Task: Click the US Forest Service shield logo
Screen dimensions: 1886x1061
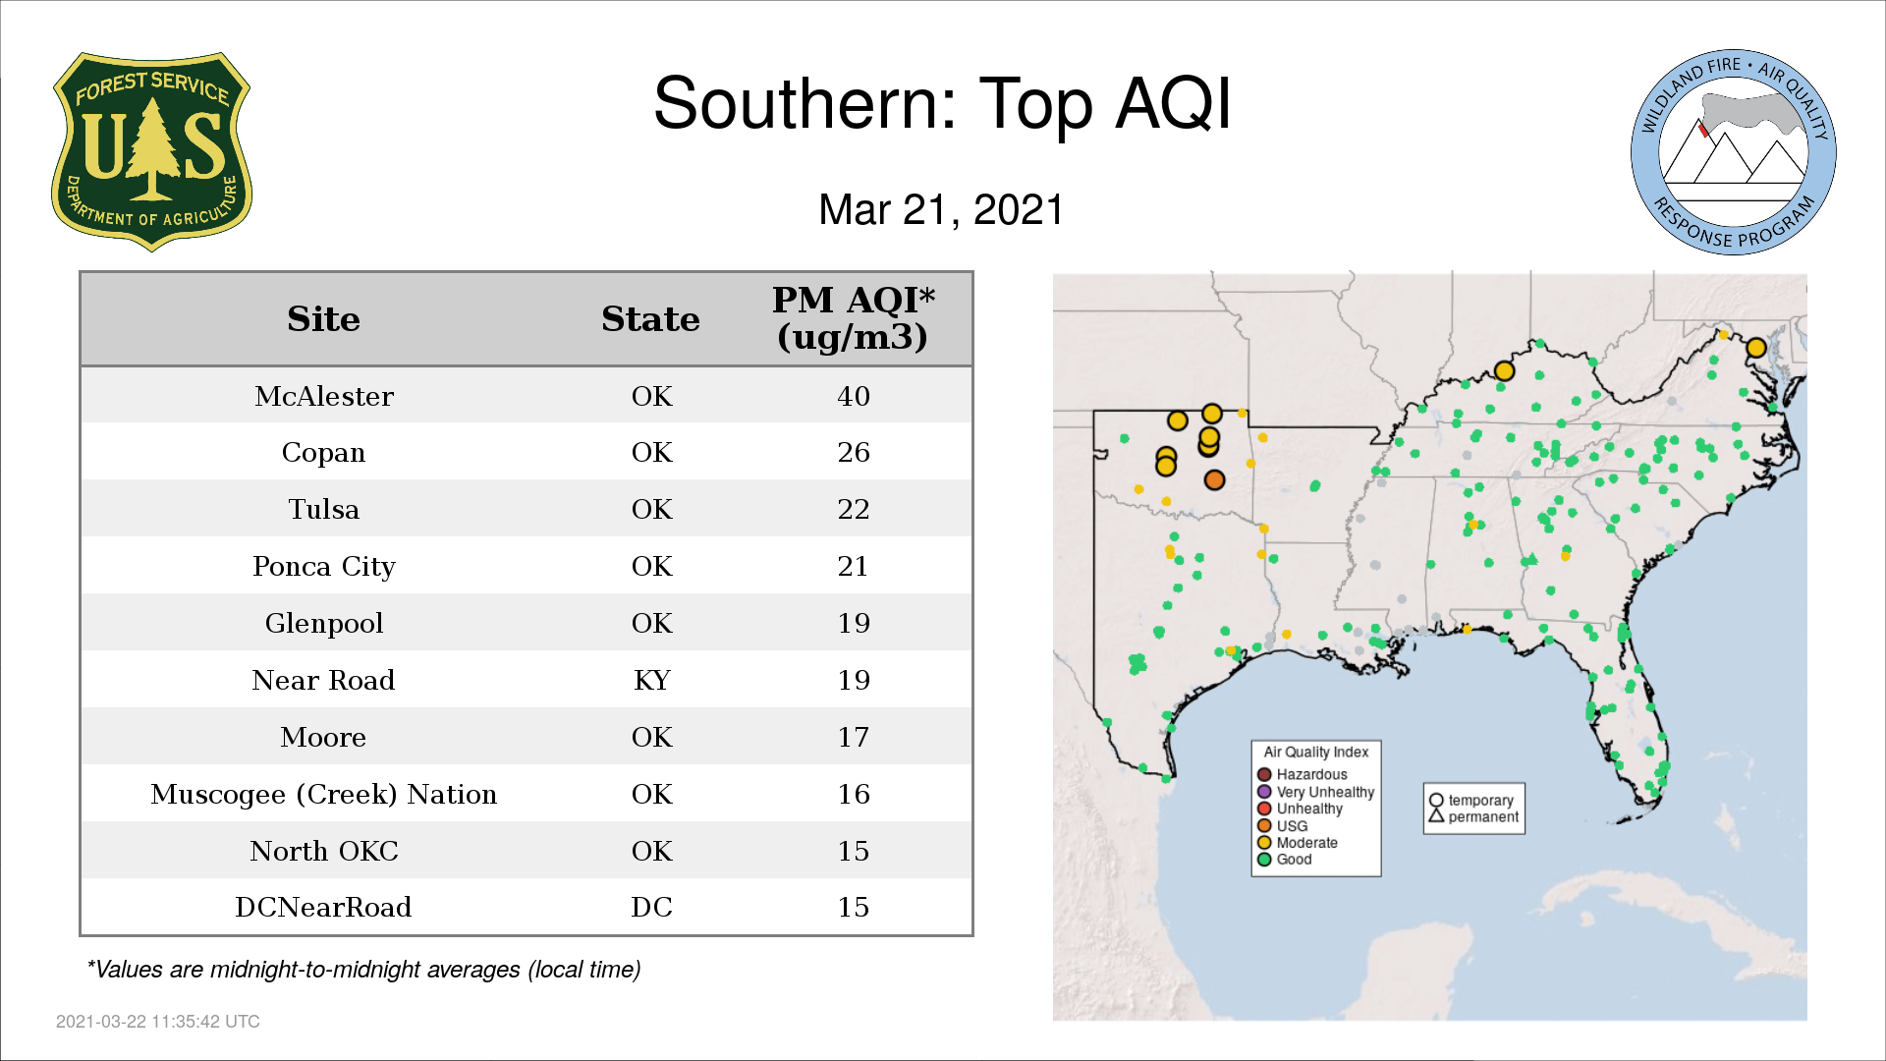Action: [x=151, y=152]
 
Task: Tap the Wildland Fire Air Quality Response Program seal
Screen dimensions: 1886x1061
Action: [x=1734, y=152]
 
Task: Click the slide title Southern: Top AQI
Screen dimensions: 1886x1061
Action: [x=942, y=103]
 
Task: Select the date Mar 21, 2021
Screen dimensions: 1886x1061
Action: [x=941, y=209]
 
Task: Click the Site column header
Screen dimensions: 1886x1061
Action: [x=323, y=318]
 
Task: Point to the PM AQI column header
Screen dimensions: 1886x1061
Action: [x=853, y=317]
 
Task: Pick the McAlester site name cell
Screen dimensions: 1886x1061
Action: [x=324, y=396]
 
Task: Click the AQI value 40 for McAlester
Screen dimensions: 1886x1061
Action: [x=854, y=396]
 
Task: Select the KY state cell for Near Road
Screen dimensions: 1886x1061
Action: [x=652, y=680]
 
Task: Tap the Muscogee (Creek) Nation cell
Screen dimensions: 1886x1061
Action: [x=324, y=794]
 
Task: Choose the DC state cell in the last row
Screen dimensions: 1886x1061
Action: [x=652, y=907]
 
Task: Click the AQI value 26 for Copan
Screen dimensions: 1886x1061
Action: [x=854, y=452]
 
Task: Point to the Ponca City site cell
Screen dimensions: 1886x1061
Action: [x=324, y=567]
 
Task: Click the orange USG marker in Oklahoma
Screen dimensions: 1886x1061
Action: [x=1214, y=479]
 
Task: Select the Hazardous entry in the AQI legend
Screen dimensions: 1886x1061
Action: [x=1304, y=774]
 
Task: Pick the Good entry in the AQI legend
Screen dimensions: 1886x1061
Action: [x=1285, y=860]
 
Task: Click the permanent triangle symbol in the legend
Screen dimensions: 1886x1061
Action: [x=1436, y=815]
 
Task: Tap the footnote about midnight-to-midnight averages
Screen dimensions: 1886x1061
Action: [x=363, y=970]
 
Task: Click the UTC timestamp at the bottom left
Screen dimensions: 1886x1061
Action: [x=158, y=1022]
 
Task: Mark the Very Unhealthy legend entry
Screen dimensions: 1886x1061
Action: [x=1316, y=792]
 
